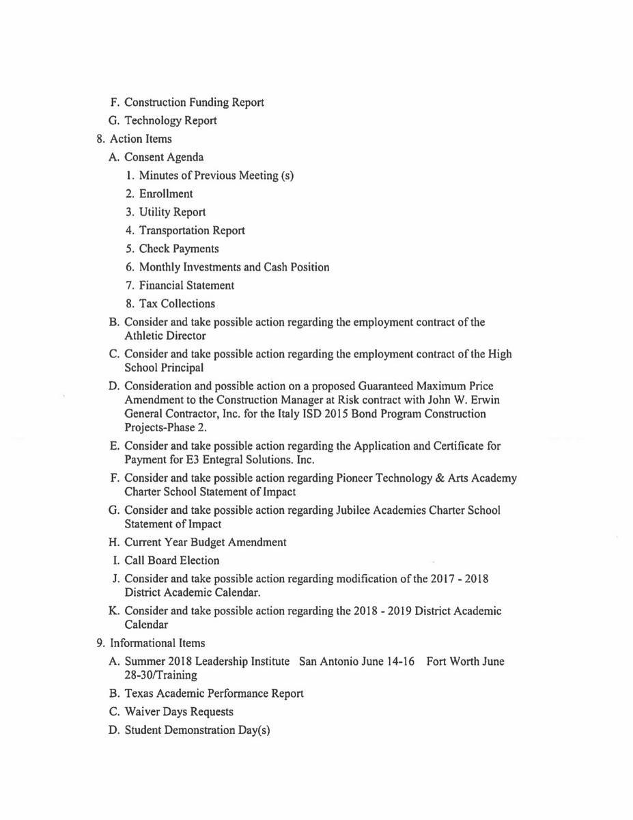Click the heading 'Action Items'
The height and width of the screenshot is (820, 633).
point(141,139)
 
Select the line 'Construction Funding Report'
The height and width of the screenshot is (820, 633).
point(194,102)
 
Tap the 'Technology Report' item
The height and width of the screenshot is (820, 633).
point(171,121)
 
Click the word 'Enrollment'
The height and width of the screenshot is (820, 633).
point(166,194)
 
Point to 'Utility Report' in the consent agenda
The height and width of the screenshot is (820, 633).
point(172,213)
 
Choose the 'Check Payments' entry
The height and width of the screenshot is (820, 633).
point(179,249)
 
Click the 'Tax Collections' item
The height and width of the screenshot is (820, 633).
point(177,304)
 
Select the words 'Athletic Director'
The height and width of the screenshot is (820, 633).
point(165,336)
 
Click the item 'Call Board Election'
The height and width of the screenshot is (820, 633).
point(172,561)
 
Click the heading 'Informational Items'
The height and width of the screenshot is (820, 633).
point(157,643)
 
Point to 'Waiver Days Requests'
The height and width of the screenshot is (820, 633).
point(179,712)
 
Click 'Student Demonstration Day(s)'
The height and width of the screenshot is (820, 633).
point(197,730)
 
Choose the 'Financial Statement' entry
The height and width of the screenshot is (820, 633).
point(186,286)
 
